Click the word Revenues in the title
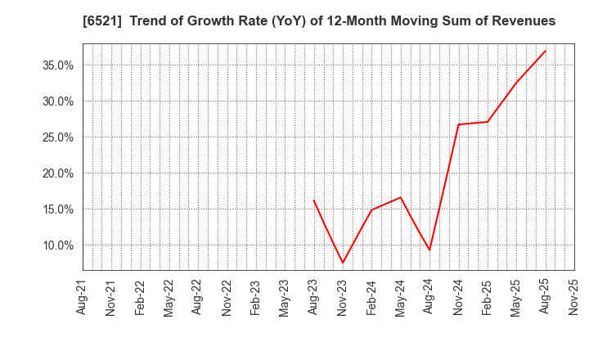point(523,21)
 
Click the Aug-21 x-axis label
point(83,298)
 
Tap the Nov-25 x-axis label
point(574,298)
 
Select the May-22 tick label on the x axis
point(169,298)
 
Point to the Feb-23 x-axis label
point(256,298)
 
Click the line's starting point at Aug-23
point(313,200)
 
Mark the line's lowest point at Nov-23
point(343,263)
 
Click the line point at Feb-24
point(371,209)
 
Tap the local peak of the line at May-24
point(401,197)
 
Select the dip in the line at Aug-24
point(429,250)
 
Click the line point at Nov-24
point(458,124)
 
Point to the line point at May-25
point(516,83)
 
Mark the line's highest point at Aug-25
point(545,51)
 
